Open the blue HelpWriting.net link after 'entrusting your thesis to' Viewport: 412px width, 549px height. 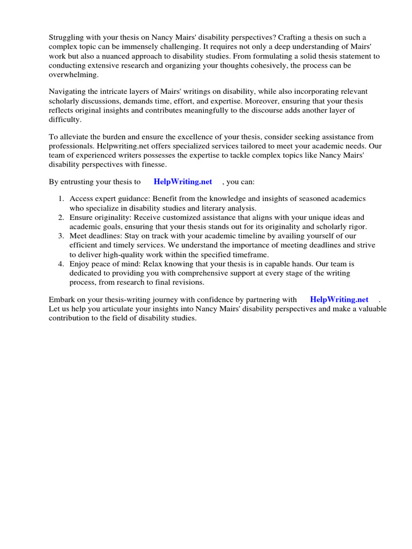pyautogui.click(x=182, y=182)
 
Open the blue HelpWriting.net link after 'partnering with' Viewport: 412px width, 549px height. pyautogui.click(x=339, y=300)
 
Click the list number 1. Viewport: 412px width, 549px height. pyautogui.click(x=61, y=199)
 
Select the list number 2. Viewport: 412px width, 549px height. pyautogui.click(x=61, y=218)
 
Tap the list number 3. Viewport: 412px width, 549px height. pyautogui.click(x=61, y=236)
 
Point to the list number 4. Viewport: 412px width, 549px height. pyautogui.click(x=61, y=264)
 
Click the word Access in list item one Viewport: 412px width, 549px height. pyautogui.click(x=82, y=199)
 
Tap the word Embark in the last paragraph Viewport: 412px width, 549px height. pyautogui.click(x=63, y=300)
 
